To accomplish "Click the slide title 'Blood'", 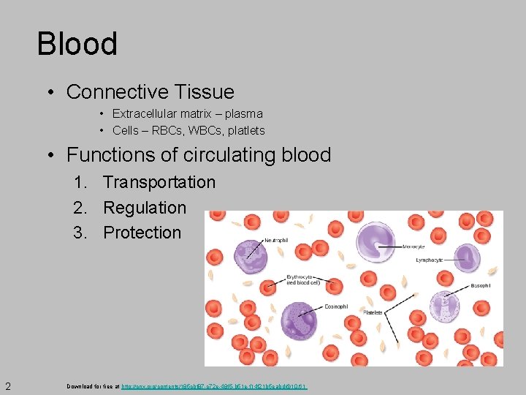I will pyautogui.click(x=77, y=44).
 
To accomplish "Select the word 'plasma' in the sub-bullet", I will pyautogui.click(x=243, y=114).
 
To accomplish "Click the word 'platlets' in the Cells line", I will pyautogui.click(x=245, y=131).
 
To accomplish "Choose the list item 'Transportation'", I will pyautogui.click(x=159, y=182).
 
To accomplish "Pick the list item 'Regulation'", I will pyautogui.click(x=145, y=208).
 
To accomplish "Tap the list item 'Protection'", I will pyautogui.click(x=142, y=233).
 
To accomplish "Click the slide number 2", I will pyautogui.click(x=7, y=385).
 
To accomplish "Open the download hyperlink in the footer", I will pyautogui.click(x=214, y=385).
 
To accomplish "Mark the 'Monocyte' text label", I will pyautogui.click(x=414, y=247).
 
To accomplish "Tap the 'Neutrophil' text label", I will pyautogui.click(x=275, y=241).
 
